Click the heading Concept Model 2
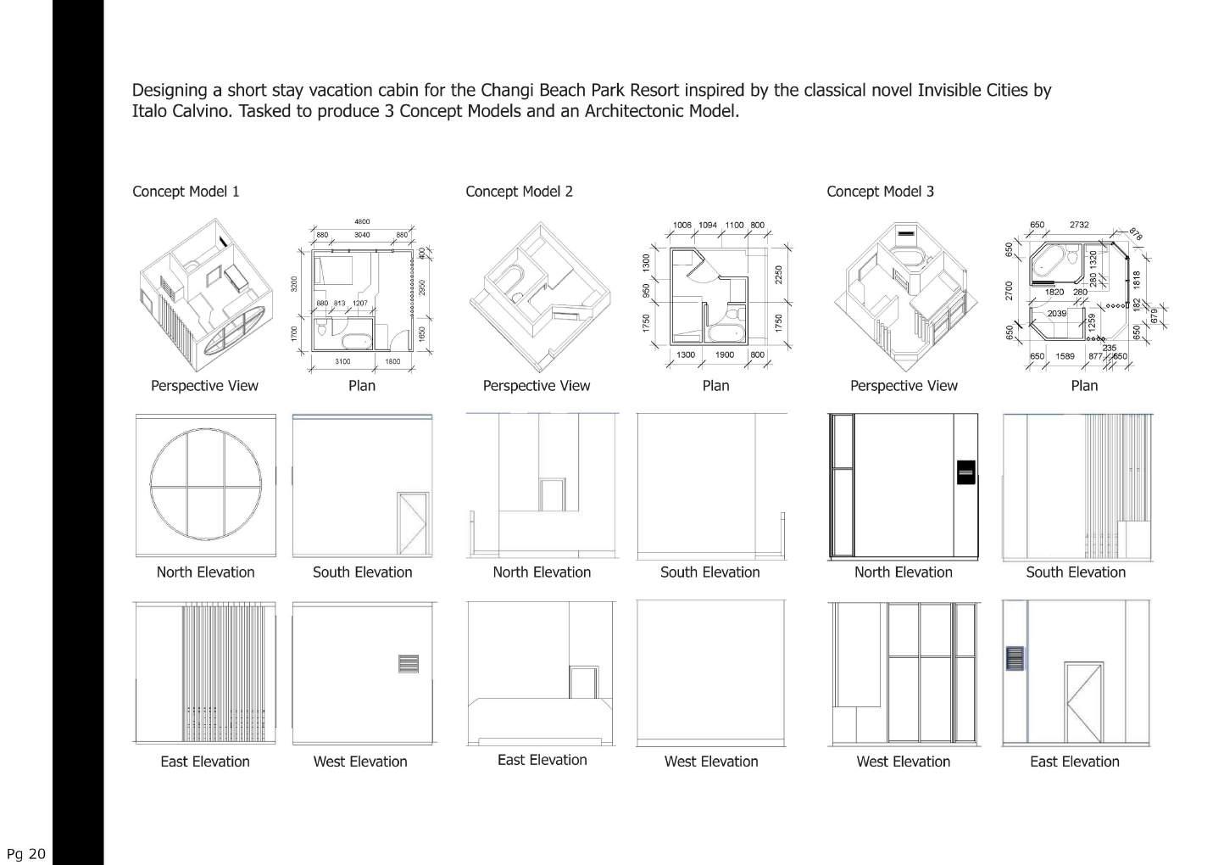[x=519, y=192]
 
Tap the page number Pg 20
[x=25, y=853]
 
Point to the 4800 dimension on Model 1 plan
[x=362, y=222]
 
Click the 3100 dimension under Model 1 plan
[x=342, y=362]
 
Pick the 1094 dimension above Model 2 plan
[x=708, y=226]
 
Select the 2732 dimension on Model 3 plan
[x=1079, y=225]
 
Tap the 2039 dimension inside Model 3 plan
[x=1056, y=314]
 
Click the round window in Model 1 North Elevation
[x=205, y=484]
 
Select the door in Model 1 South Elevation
[x=413, y=522]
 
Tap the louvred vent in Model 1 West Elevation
[x=409, y=662]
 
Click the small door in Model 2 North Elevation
[x=552, y=494]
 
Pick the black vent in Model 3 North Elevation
[x=965, y=472]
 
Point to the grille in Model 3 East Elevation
[x=1014, y=659]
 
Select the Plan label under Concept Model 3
[x=1084, y=386]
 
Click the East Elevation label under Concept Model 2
[x=542, y=760]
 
